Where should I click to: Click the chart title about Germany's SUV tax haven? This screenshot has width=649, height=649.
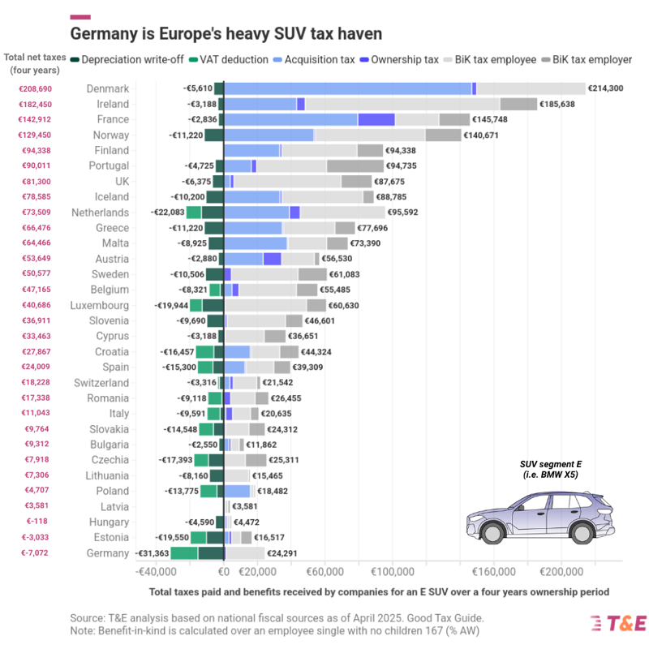pos(226,34)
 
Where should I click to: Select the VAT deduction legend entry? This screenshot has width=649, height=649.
pos(228,59)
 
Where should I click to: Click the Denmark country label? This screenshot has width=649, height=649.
pos(107,88)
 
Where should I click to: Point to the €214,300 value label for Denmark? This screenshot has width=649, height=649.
pos(605,88)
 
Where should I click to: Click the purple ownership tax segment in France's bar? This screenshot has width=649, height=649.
pos(376,119)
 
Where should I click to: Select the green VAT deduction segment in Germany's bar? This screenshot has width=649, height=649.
pos(184,552)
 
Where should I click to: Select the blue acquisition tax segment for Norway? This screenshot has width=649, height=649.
pos(269,135)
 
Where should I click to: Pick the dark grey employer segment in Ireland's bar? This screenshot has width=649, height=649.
pos(518,104)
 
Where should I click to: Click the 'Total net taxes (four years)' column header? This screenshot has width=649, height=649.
pos(34,63)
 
